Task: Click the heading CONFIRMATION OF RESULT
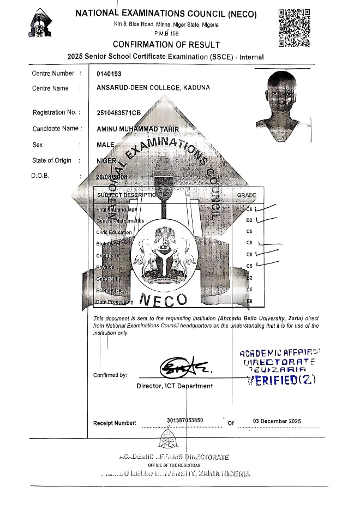pyautogui.click(x=166, y=44)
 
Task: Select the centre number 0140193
pyautogui.click(x=109, y=74)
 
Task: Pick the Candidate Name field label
pyautogui.click(x=57, y=129)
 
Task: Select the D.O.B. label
pyautogui.click(x=42, y=176)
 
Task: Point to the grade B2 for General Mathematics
pyautogui.click(x=249, y=220)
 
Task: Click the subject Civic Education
pyautogui.click(x=113, y=232)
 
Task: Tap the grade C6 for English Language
pyautogui.click(x=249, y=209)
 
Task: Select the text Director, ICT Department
pyautogui.click(x=175, y=386)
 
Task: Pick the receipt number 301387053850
pyautogui.click(x=185, y=420)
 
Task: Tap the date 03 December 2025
pyautogui.click(x=277, y=421)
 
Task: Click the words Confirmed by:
pyautogui.click(x=110, y=375)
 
